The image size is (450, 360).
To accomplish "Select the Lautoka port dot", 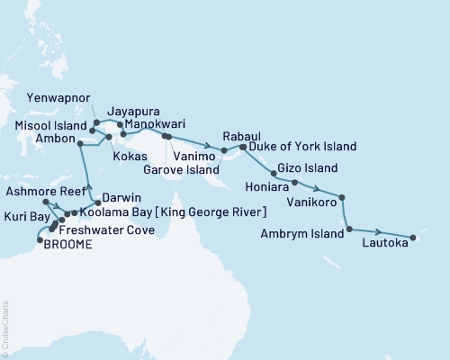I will pos(412,238).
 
